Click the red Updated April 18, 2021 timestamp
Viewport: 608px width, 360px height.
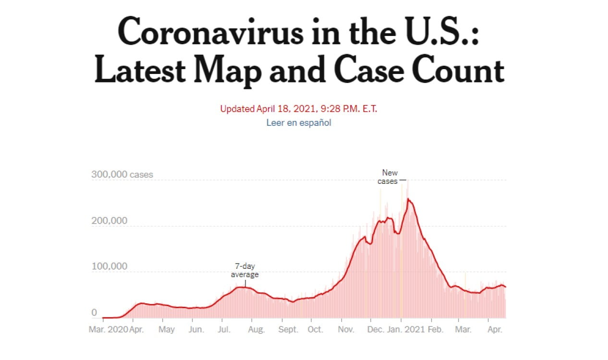[299, 109]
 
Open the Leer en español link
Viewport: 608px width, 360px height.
[299, 123]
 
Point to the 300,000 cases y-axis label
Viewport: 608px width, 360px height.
[122, 175]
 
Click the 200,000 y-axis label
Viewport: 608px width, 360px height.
[109, 221]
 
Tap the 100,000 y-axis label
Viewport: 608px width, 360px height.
[109, 266]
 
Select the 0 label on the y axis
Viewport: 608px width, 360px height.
[94, 312]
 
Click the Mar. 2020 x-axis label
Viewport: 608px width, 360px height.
[109, 330]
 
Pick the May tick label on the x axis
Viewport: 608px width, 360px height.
[167, 330]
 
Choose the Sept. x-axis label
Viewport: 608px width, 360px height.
[289, 330]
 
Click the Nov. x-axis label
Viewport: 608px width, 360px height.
[346, 330]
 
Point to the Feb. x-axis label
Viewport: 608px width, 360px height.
[435, 330]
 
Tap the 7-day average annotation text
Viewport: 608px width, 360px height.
[245, 271]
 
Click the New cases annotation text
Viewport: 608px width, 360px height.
[389, 177]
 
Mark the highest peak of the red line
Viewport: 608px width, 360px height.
[408, 199]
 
